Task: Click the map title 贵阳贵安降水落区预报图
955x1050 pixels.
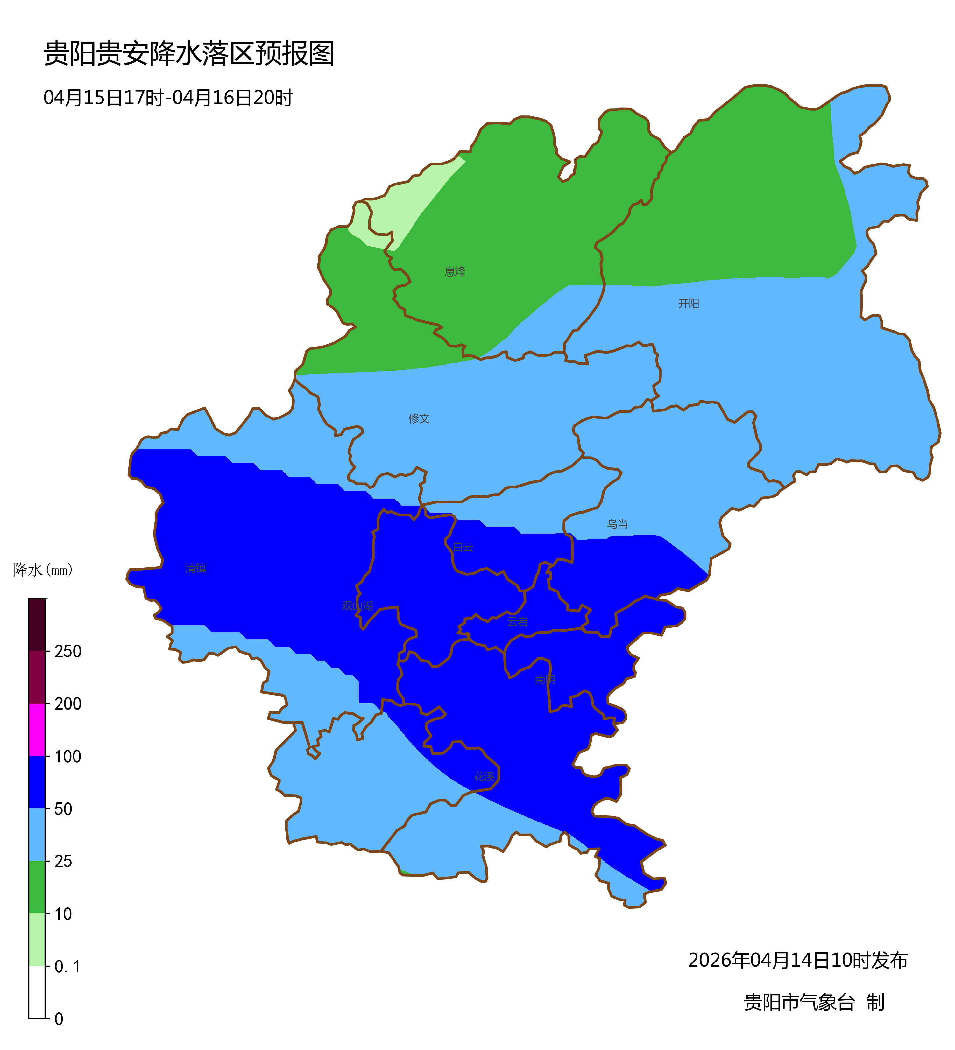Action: pyautogui.click(x=188, y=54)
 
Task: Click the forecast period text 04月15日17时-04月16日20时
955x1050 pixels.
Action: pyautogui.click(x=168, y=98)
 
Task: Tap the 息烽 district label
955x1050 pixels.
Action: pyautogui.click(x=455, y=271)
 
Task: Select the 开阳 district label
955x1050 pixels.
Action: pyautogui.click(x=688, y=304)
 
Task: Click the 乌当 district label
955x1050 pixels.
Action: pyautogui.click(x=617, y=524)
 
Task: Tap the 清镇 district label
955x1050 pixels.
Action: pyautogui.click(x=195, y=568)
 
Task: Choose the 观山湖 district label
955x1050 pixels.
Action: pyautogui.click(x=357, y=606)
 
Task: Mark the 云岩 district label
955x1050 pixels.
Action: pyautogui.click(x=517, y=621)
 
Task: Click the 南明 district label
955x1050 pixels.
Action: pyautogui.click(x=545, y=680)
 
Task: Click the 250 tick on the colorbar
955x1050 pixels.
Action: pyautogui.click(x=68, y=652)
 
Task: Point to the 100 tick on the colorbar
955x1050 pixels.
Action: pyautogui.click(x=68, y=757)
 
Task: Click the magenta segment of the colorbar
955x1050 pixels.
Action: pyautogui.click(x=37, y=730)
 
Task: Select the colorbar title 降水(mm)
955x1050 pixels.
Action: pyautogui.click(x=43, y=570)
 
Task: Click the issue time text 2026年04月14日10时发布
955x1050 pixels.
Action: pyautogui.click(x=798, y=960)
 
